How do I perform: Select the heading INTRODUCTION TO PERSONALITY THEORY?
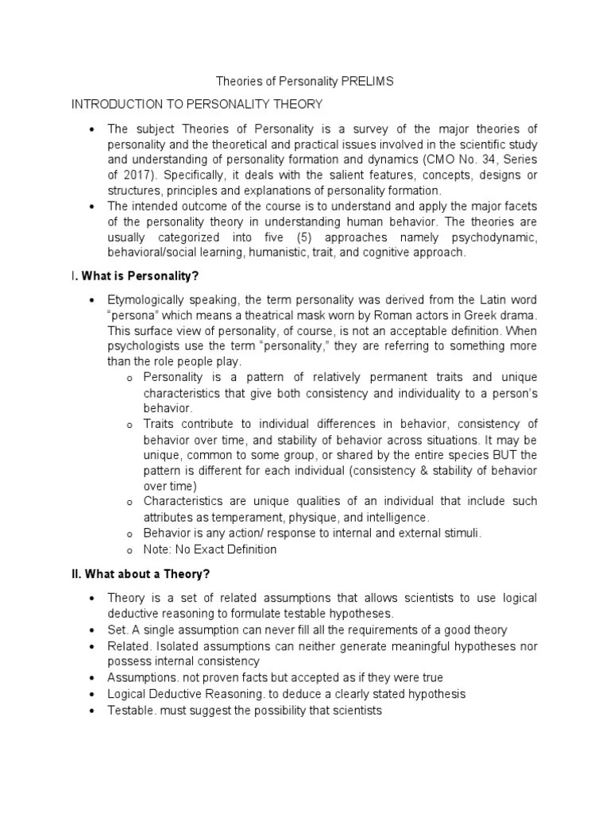point(197,104)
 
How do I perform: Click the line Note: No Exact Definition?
point(210,549)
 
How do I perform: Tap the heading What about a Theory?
point(145,574)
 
